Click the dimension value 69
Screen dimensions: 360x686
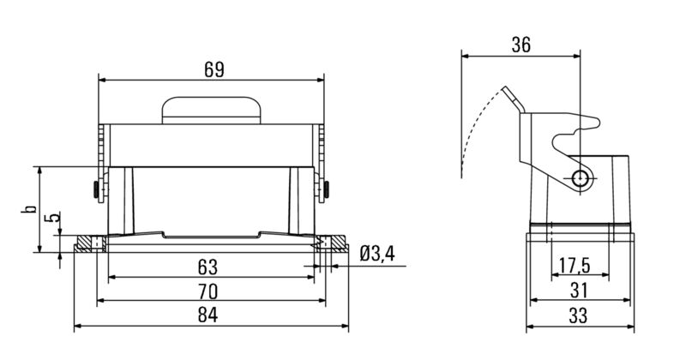(214, 69)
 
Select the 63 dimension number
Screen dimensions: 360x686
(208, 266)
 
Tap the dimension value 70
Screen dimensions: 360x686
(208, 291)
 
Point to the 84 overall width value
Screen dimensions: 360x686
(208, 316)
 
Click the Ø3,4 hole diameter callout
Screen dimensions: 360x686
(378, 254)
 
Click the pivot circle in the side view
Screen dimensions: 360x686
(581, 177)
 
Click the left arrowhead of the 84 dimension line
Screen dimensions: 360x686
(79, 327)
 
